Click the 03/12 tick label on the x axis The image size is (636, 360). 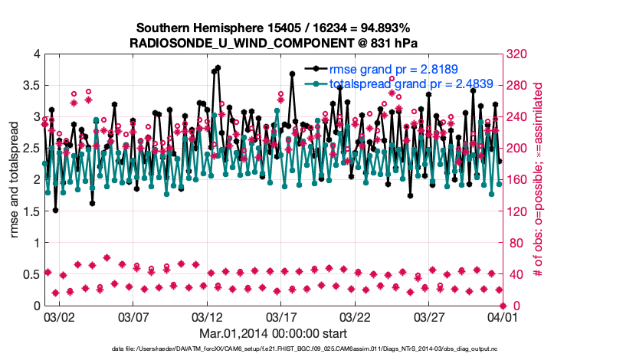tap(206, 316)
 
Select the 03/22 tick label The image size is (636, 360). tap(354, 316)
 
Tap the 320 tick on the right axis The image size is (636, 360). tap(514, 54)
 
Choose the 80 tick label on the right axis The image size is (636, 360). tap(512, 243)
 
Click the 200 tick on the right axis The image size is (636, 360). tap(514, 149)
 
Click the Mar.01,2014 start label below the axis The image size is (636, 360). tap(273, 333)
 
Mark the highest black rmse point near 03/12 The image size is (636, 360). tap(218, 67)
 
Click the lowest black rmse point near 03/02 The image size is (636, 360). tap(55, 210)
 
